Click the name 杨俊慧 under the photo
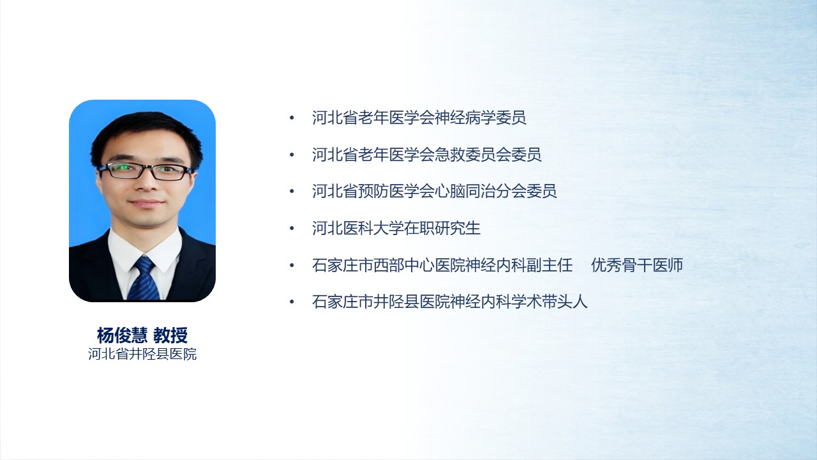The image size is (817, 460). [x=122, y=335]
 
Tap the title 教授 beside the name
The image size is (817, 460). [x=170, y=335]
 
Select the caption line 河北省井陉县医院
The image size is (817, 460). [x=142, y=354]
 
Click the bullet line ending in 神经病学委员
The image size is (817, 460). [x=419, y=118]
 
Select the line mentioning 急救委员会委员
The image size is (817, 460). [x=427, y=155]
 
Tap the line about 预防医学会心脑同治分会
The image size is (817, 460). [x=435, y=191]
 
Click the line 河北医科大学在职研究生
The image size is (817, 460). [x=396, y=228]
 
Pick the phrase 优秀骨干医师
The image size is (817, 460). [x=637, y=265]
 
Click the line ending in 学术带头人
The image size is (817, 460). [x=450, y=302]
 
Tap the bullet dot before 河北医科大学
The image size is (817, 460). [x=292, y=229]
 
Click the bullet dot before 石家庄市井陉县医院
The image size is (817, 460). [x=292, y=302]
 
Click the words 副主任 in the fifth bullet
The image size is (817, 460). [x=550, y=265]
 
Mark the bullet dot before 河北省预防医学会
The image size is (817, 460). [x=292, y=191]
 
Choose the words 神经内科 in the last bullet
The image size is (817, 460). [x=481, y=302]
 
